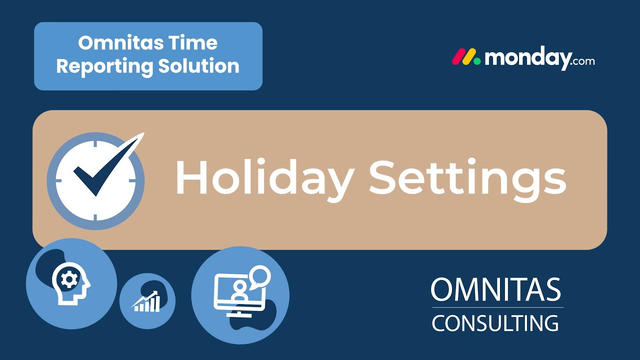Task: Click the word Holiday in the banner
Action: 264,179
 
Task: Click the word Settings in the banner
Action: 467,179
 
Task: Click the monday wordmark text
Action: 527,58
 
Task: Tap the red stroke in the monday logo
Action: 458,57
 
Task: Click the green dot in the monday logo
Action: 477,61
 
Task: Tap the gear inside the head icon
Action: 68,279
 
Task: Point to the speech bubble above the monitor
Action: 260,276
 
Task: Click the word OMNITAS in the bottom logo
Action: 495,290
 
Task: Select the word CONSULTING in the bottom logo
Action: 495,323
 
